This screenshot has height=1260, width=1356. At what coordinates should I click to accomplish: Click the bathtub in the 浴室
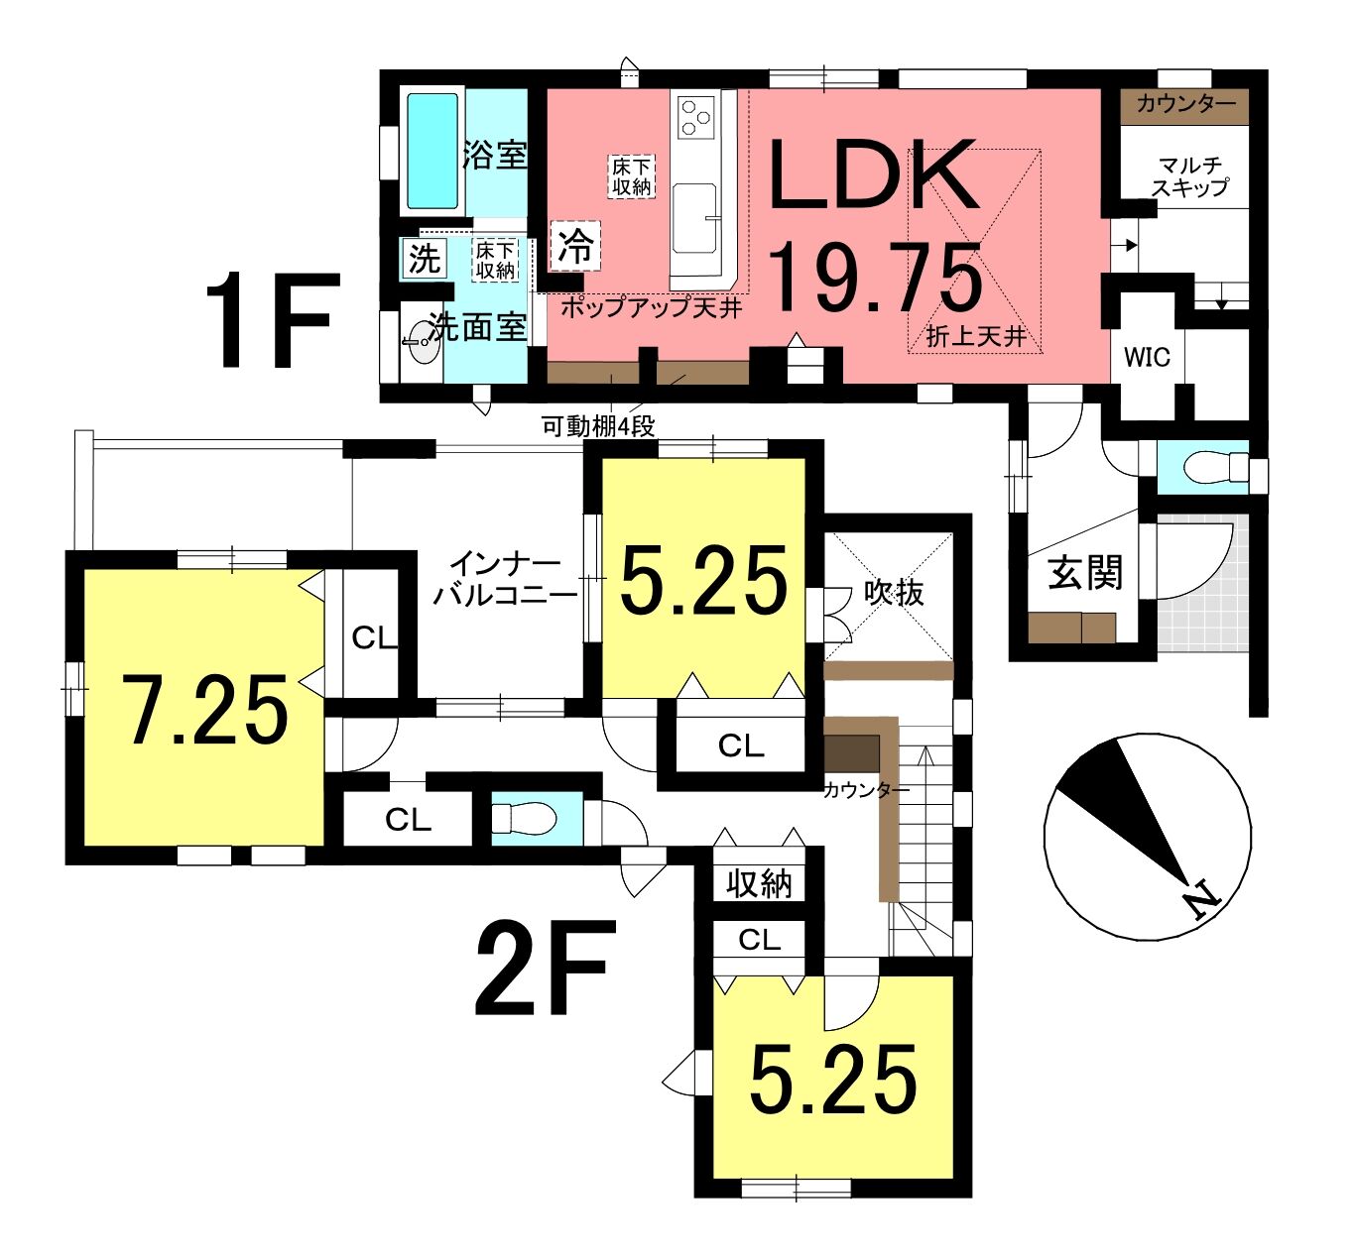tap(432, 151)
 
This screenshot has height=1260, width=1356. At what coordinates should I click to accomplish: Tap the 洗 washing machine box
tap(424, 258)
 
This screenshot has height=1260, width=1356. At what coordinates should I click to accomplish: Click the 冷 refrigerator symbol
tap(575, 246)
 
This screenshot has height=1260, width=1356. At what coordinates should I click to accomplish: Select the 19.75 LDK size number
tap(875, 279)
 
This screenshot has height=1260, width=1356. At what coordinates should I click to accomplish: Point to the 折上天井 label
tap(976, 336)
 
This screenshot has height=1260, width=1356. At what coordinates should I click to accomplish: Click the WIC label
tap(1147, 357)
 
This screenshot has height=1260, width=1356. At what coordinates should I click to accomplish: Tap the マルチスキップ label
tap(1190, 176)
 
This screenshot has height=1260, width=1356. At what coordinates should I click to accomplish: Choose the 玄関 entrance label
tap(1085, 572)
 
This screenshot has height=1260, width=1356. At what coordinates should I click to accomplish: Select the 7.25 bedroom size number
tap(208, 710)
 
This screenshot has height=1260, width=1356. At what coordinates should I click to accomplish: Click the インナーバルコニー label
tap(505, 580)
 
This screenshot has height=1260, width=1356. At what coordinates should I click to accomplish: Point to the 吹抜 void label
tap(894, 593)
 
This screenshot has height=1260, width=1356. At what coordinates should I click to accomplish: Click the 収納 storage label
tap(759, 884)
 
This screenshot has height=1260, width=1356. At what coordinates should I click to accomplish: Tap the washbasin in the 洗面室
tap(422, 341)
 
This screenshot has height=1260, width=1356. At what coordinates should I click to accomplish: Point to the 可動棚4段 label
tap(598, 426)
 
